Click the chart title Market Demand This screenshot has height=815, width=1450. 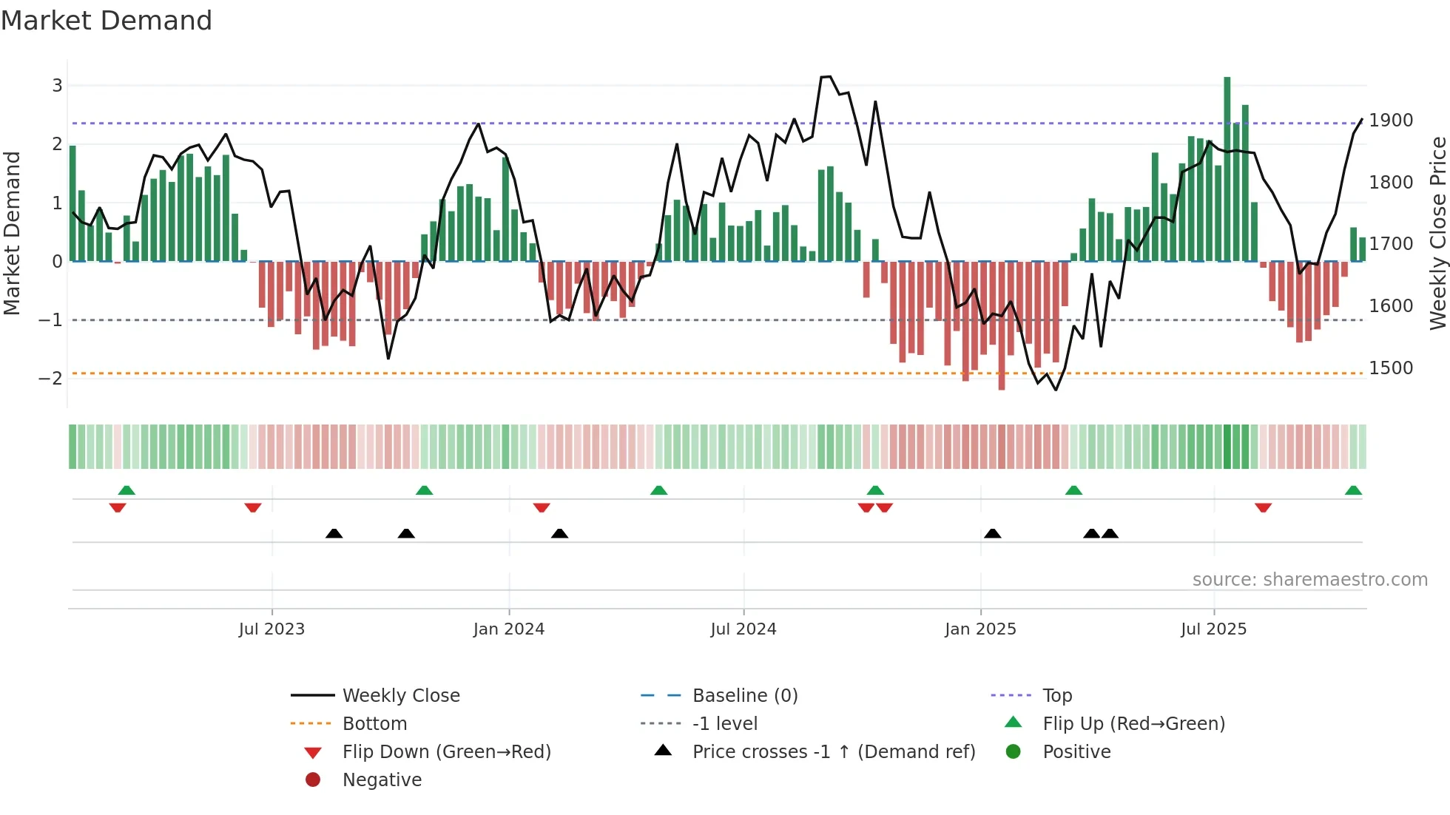107,21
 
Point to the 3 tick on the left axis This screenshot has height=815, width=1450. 57,86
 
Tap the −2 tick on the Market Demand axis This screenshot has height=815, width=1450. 51,379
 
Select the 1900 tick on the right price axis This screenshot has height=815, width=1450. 1391,121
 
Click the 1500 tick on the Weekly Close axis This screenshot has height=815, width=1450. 1391,368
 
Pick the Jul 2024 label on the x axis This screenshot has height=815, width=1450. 743,629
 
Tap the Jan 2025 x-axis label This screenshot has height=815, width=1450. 980,629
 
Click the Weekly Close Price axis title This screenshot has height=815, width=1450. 1437,233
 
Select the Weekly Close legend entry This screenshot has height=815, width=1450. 401,696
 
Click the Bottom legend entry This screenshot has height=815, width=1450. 374,724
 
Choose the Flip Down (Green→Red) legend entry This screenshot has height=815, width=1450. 446,752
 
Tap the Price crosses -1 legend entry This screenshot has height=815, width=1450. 834,752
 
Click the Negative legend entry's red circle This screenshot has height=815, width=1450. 313,780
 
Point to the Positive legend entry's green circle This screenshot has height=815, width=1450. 1014,752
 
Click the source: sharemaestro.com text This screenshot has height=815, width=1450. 1309,580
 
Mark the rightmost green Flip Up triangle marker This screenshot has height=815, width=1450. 1353,490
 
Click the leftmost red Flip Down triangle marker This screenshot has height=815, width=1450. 118,507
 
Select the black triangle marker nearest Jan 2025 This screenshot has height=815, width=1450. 993,533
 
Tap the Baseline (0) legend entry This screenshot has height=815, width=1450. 745,696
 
